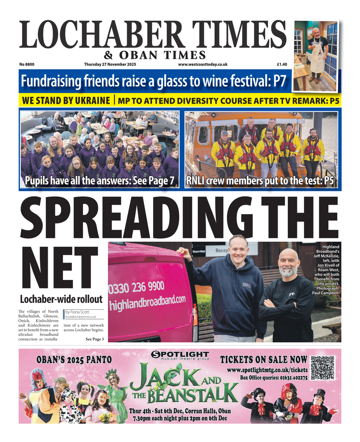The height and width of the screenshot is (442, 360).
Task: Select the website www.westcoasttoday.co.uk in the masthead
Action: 202,64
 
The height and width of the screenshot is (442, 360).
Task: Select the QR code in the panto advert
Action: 322,368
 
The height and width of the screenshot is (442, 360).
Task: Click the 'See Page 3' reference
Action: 95,339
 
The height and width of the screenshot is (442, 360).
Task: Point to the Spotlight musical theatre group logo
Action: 180,355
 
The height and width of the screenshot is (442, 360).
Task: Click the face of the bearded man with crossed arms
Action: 289,264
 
